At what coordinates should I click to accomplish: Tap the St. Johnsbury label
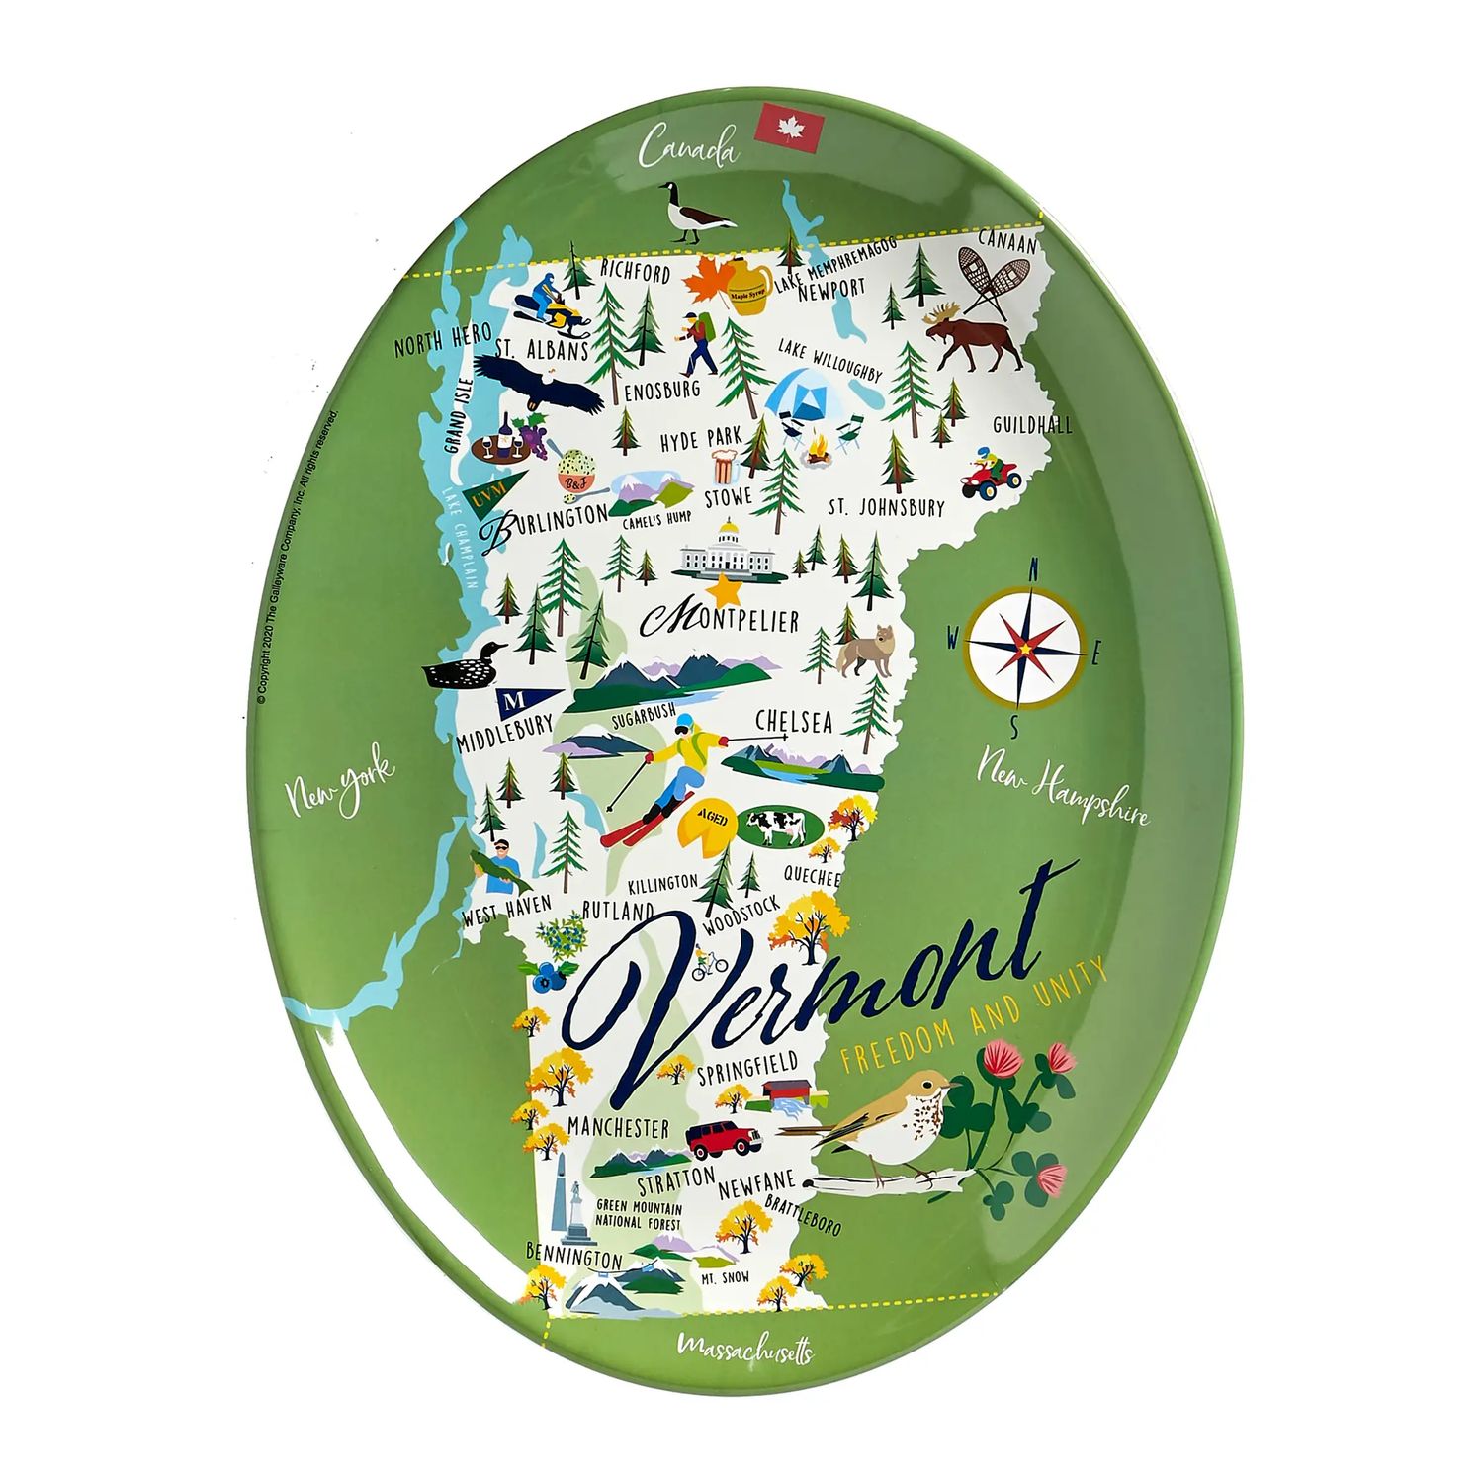point(886,507)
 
